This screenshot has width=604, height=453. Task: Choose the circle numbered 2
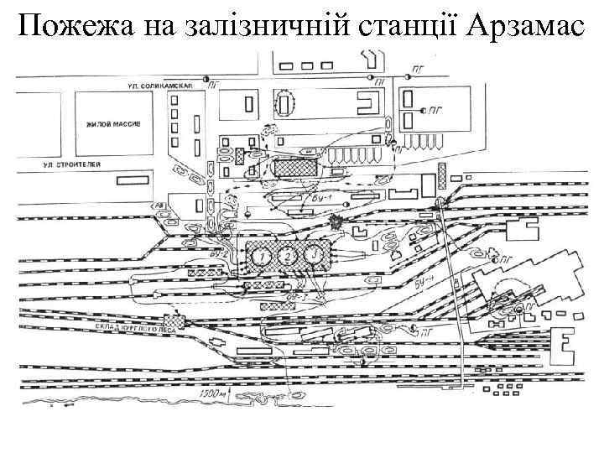[x=288, y=255]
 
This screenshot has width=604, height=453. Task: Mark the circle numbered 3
[x=314, y=253]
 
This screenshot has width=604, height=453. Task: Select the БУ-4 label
[x=426, y=282]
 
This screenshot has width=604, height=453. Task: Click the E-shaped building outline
[x=563, y=344]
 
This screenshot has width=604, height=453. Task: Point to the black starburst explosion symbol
[x=337, y=224]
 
